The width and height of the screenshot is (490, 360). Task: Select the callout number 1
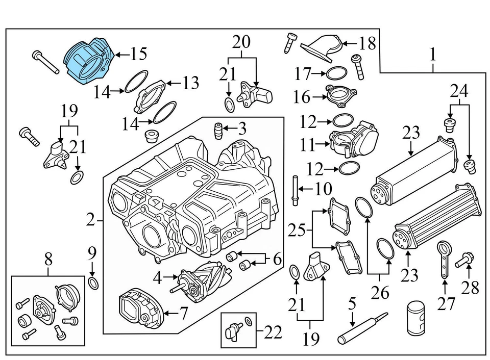coord(433,55)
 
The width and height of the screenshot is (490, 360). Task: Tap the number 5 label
coord(352,305)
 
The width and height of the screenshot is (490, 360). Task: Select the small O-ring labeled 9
coord(93,283)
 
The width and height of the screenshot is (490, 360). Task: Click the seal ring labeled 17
coord(334,73)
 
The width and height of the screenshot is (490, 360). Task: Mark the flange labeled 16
coord(341,96)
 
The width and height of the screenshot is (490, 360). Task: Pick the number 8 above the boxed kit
coord(48,259)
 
